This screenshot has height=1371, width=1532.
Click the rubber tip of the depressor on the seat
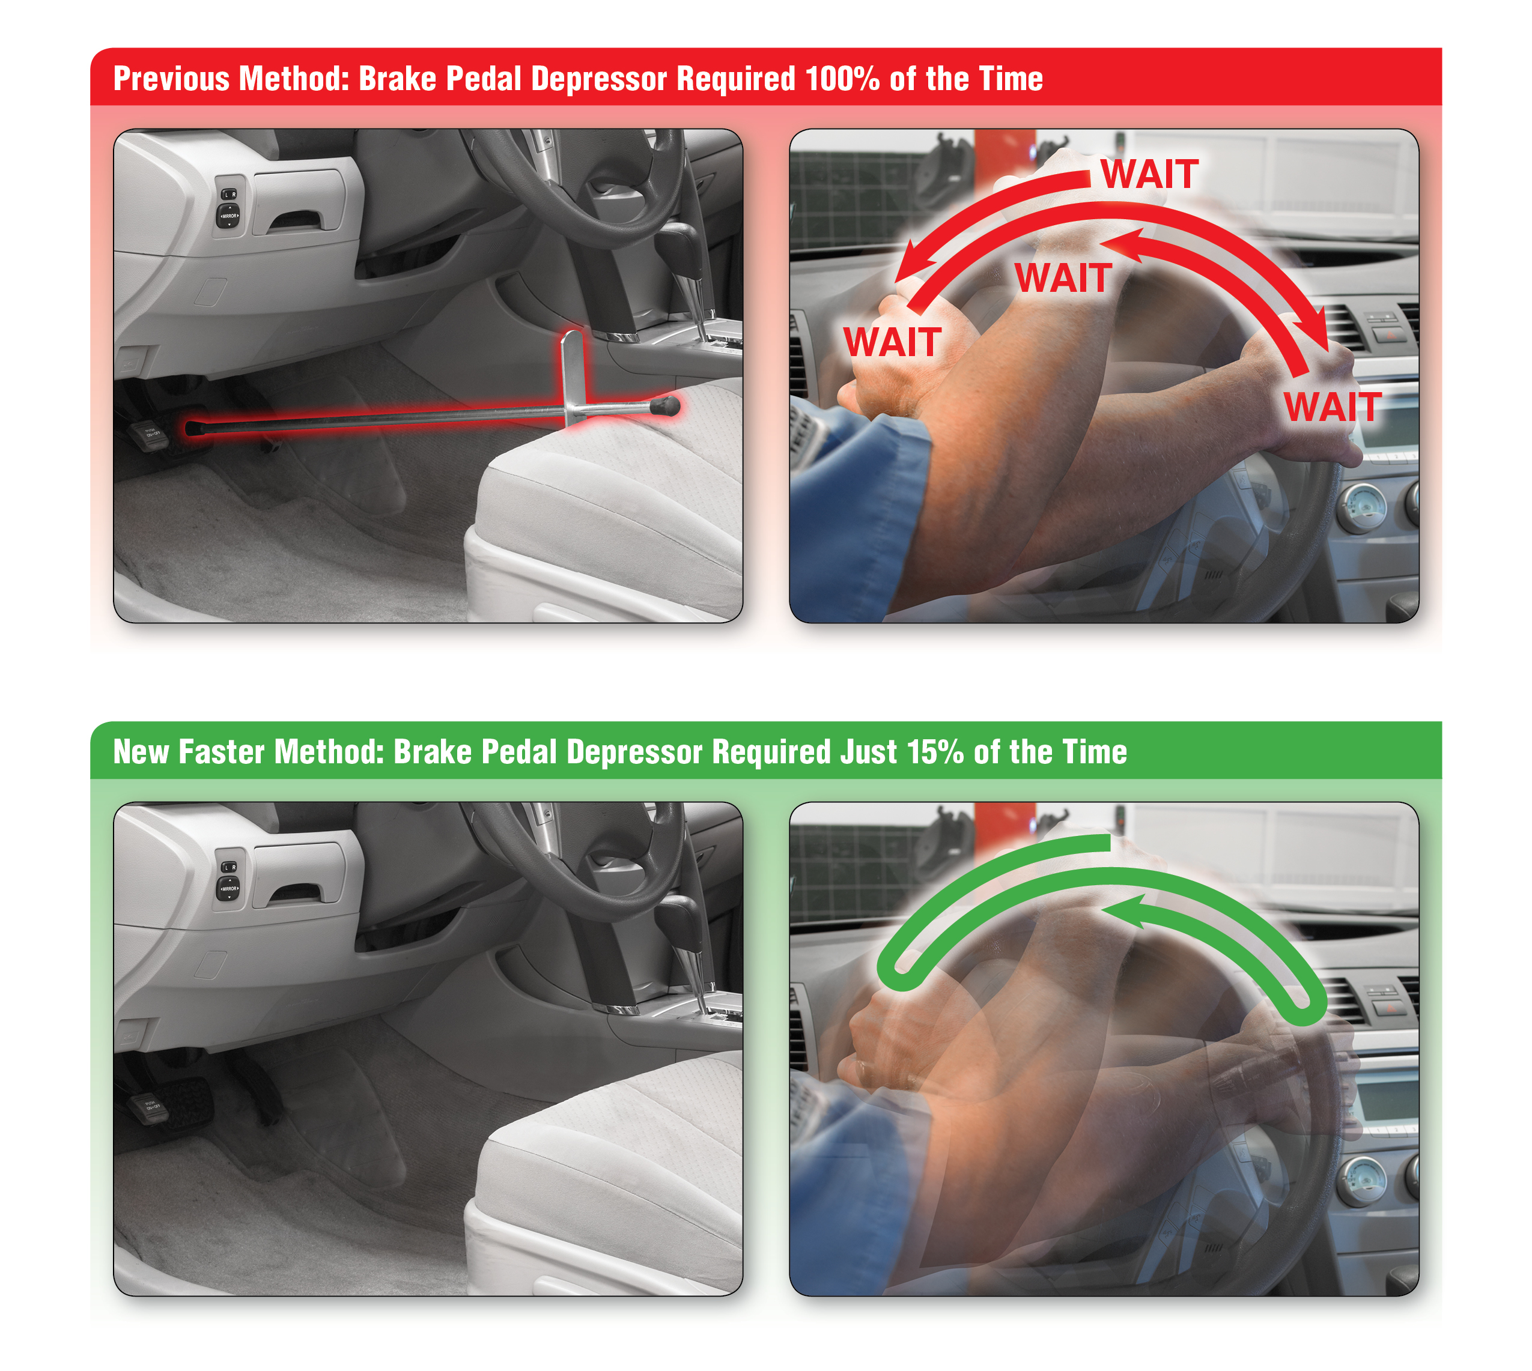666,407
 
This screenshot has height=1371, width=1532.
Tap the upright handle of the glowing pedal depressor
573,369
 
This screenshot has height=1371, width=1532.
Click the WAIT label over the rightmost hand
1333,408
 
